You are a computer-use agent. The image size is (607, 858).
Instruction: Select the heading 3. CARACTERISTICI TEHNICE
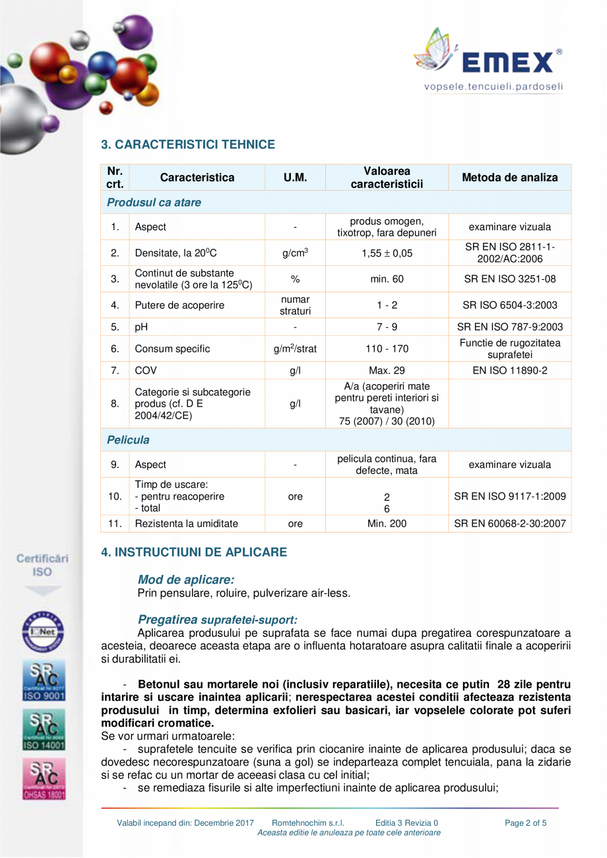tap(188, 145)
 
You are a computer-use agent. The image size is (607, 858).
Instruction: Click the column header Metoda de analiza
tap(509, 178)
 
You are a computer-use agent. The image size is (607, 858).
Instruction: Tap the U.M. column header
tap(295, 178)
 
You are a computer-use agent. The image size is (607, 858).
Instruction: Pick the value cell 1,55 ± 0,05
tap(387, 253)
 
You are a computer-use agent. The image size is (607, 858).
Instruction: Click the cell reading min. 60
tap(387, 279)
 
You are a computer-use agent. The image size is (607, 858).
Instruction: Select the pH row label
tap(141, 327)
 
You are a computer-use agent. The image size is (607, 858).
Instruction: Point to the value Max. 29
tap(387, 371)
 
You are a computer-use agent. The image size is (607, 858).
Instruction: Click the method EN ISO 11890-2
tap(509, 371)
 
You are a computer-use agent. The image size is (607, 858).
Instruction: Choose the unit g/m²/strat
tap(295, 348)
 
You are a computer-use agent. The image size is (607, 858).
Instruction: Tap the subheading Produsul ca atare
tap(154, 203)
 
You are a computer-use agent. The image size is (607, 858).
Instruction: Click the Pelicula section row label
tap(128, 440)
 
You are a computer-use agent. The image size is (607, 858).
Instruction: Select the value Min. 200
tap(387, 524)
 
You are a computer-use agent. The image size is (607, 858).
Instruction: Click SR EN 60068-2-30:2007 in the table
tap(509, 524)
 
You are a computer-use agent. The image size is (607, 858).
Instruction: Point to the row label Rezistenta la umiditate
tap(186, 524)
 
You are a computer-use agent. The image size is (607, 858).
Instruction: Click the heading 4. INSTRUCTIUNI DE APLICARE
tap(194, 552)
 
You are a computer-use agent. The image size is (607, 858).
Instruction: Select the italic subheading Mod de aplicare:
tap(185, 579)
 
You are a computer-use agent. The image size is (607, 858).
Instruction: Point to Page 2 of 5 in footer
tap(525, 823)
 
